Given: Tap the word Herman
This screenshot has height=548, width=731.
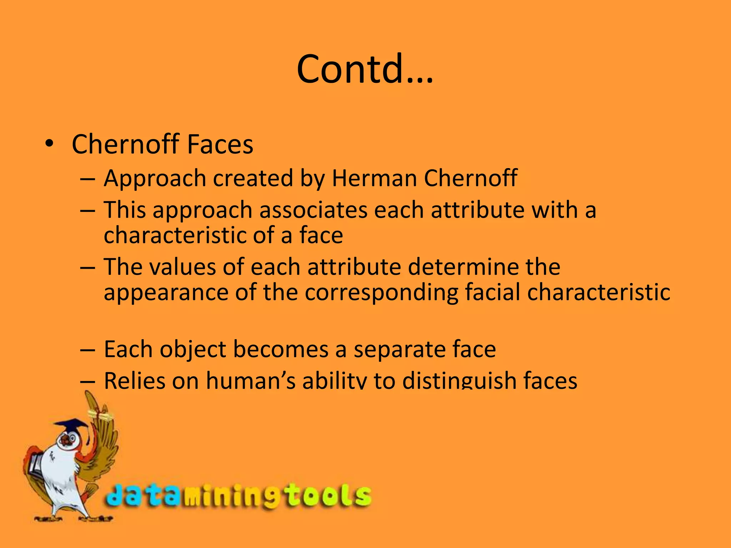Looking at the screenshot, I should [x=374, y=178].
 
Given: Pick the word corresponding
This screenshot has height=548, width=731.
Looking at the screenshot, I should [x=382, y=293].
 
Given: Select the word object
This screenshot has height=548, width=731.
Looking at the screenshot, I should [x=193, y=350].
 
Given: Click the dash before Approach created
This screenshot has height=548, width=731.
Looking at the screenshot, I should [x=88, y=178].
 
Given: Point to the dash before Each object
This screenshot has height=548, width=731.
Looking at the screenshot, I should [x=88, y=350].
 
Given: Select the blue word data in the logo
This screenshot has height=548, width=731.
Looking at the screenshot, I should [x=143, y=496].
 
